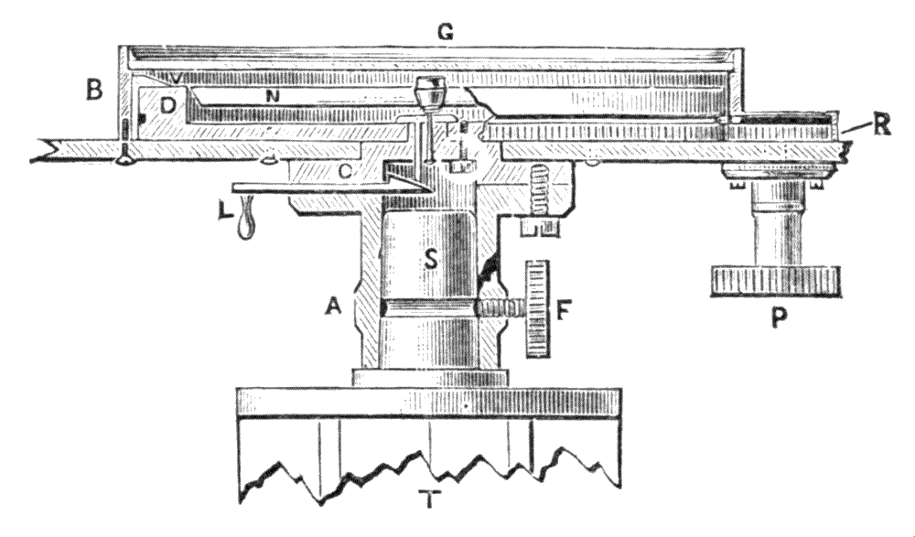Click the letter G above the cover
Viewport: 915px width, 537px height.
click(446, 32)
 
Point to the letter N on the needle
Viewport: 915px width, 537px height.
click(272, 95)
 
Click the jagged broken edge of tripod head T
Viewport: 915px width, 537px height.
click(430, 462)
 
